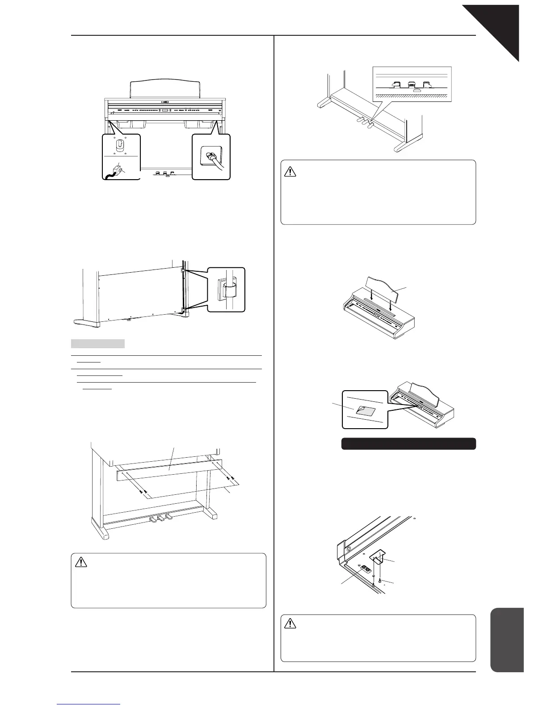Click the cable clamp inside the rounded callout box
click(228, 290)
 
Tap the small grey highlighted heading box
click(97, 344)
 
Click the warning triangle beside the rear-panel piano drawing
click(81, 562)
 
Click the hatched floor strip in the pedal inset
click(412, 96)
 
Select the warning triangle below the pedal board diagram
click(290, 170)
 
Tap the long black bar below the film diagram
click(408, 443)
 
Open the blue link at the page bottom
click(89, 704)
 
